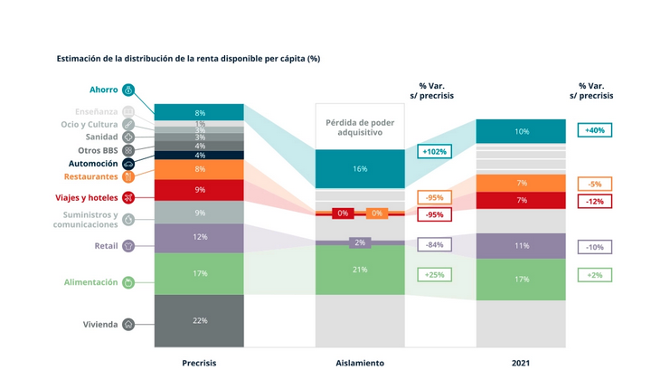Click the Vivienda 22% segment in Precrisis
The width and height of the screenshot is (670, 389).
199,320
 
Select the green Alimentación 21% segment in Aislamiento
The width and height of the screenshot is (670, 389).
360,269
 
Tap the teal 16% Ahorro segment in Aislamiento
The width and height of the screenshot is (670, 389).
360,169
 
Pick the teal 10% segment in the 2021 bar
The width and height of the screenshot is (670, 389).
522,131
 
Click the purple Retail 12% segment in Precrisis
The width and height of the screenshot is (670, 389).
199,237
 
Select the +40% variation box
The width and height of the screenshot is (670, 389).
595,130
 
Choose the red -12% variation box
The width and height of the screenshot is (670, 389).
595,202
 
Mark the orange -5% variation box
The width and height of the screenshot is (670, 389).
595,184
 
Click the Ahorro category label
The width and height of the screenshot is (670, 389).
103,90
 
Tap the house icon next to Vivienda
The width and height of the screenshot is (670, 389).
128,324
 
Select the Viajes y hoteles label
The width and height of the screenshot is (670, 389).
90,197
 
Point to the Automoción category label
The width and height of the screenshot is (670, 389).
93,164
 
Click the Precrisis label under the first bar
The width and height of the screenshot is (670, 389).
199,363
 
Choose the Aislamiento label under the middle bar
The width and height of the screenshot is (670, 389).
360,363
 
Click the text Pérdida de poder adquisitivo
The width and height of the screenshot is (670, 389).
360,127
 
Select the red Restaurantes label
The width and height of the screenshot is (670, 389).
90,177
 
